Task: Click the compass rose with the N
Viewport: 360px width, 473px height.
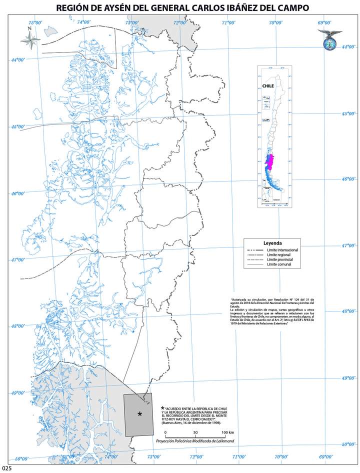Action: (x=30, y=40)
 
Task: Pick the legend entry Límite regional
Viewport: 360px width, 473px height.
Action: (x=279, y=255)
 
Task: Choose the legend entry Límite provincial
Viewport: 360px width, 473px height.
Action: (x=280, y=260)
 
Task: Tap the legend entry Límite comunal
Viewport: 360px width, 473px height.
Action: (x=279, y=265)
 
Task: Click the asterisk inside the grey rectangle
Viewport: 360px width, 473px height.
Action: (x=139, y=414)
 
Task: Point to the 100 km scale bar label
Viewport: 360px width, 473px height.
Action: (x=228, y=432)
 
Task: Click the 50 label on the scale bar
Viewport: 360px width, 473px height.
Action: (x=195, y=432)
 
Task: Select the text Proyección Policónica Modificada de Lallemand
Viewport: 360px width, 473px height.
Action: (x=195, y=441)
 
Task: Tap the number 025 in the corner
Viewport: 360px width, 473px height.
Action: (x=6, y=468)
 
